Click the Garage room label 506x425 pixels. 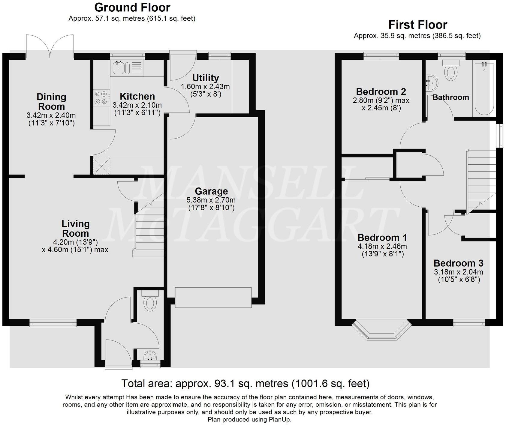point(211,191)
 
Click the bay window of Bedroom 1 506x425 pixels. point(381,331)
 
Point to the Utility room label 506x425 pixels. point(206,78)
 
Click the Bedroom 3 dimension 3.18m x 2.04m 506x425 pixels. point(458,272)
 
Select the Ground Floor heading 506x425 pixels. point(132,7)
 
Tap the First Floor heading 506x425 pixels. point(417,25)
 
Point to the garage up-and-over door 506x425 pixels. point(213,298)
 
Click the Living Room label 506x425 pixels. point(75,229)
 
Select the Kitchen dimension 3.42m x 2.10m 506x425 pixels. point(137,105)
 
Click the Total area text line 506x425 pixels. point(245,383)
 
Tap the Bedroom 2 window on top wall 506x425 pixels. point(381,55)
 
